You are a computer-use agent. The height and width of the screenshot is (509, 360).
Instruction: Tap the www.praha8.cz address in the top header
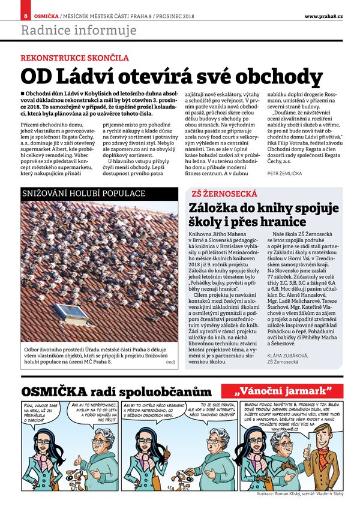pyautogui.click(x=323, y=15)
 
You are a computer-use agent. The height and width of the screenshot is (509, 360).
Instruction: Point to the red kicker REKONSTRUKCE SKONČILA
pyautogui.click(x=75, y=59)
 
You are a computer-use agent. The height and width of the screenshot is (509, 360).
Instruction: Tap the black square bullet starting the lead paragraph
pyautogui.click(x=23, y=94)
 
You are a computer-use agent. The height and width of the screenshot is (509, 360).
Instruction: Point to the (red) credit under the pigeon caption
pyautogui.click(x=170, y=362)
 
